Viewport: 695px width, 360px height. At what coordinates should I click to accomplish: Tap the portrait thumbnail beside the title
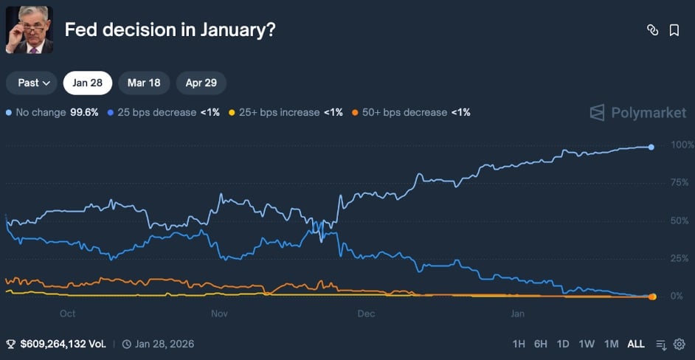coord(29,30)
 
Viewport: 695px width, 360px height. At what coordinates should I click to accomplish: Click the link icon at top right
coord(652,30)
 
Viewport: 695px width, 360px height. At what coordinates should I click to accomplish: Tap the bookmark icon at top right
coord(674,30)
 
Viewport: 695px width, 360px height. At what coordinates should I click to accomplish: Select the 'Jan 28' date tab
coord(88,83)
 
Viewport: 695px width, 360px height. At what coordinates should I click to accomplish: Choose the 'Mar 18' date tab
coord(144,83)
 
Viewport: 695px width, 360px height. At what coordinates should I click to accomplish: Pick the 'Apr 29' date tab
coord(201,83)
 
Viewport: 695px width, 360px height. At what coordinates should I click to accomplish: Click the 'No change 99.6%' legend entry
coord(52,113)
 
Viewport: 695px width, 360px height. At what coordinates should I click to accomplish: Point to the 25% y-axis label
coord(680,258)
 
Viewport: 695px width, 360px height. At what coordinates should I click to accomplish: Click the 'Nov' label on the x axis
coord(219,314)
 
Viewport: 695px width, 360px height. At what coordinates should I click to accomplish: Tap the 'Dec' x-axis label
coord(366,314)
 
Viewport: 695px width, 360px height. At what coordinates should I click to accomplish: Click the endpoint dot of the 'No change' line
coord(651,147)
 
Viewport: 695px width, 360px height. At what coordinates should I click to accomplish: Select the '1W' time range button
coord(587,344)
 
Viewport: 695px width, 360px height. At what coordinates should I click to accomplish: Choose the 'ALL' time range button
coord(635,344)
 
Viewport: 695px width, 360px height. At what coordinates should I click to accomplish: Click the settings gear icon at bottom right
coord(680,344)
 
